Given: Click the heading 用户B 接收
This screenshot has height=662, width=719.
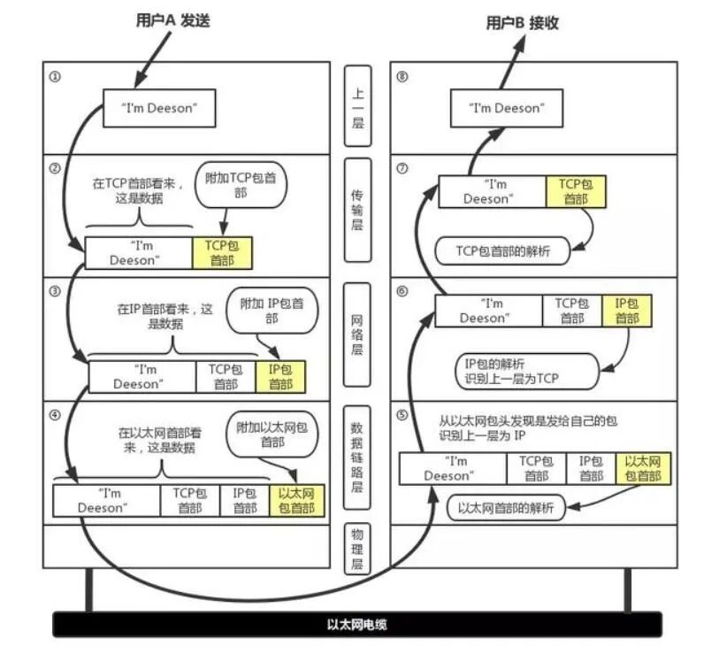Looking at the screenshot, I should click(x=525, y=24).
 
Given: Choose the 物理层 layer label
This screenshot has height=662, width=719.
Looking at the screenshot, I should click(x=358, y=549).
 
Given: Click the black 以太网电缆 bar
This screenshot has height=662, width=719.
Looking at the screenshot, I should click(x=358, y=624).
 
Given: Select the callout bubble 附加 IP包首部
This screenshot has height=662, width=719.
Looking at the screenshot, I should click(x=271, y=310).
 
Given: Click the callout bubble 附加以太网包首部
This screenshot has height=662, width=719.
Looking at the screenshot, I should click(x=272, y=433).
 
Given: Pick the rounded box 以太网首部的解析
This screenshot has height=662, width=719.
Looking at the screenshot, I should click(x=506, y=509).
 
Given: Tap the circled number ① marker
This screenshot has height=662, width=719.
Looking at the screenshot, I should click(x=55, y=76).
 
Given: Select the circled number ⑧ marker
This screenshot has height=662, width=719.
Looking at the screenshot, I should click(x=403, y=76).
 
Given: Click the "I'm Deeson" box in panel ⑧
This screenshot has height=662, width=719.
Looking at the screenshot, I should click(x=505, y=108).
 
